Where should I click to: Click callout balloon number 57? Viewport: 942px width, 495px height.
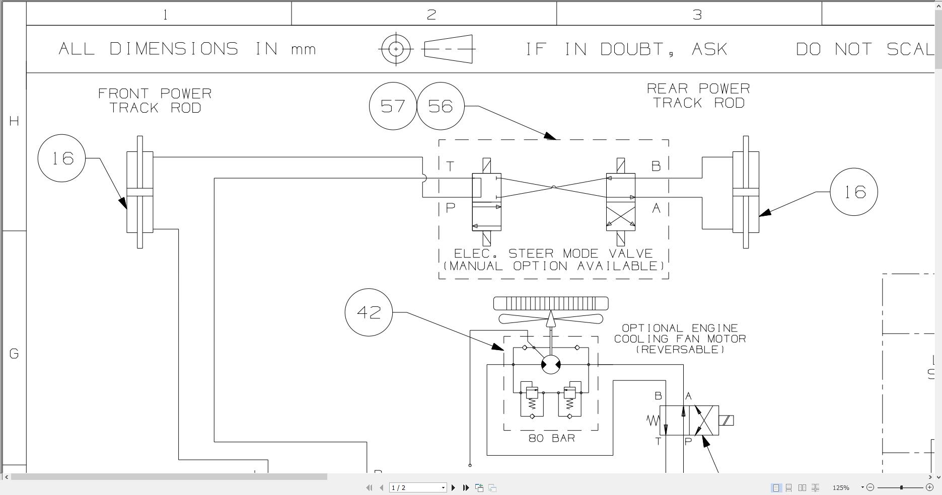coord(393,106)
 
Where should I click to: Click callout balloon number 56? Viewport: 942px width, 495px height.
coord(441,106)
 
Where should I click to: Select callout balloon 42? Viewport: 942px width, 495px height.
coord(369,312)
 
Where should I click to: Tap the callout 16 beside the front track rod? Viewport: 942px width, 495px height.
coord(62,158)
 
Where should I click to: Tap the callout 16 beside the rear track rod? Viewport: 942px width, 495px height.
coord(853,192)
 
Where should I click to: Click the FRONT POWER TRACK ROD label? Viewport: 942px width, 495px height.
coord(155,101)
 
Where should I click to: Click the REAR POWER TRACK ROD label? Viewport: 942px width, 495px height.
coord(698,96)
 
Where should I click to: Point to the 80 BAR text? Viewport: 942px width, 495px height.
coord(551,438)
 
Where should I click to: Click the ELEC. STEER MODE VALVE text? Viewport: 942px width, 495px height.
coord(553,254)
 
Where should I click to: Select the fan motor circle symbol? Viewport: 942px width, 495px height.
coord(551,364)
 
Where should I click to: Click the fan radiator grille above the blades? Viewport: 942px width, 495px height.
coord(551,303)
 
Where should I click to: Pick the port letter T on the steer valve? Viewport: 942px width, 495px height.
coord(450,166)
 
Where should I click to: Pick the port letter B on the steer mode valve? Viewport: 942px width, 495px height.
coord(656,166)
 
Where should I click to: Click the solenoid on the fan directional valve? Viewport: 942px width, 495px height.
coord(726,421)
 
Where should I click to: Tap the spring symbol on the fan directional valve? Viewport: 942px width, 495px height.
coord(653,421)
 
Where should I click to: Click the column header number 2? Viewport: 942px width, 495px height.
coord(431,15)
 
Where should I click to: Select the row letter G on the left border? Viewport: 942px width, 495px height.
coord(14,354)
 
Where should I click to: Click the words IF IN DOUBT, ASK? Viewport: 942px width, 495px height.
coord(627,49)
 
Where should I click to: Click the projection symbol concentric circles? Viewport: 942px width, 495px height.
coord(396,49)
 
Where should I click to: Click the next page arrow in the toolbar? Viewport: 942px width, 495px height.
coord(453,487)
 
